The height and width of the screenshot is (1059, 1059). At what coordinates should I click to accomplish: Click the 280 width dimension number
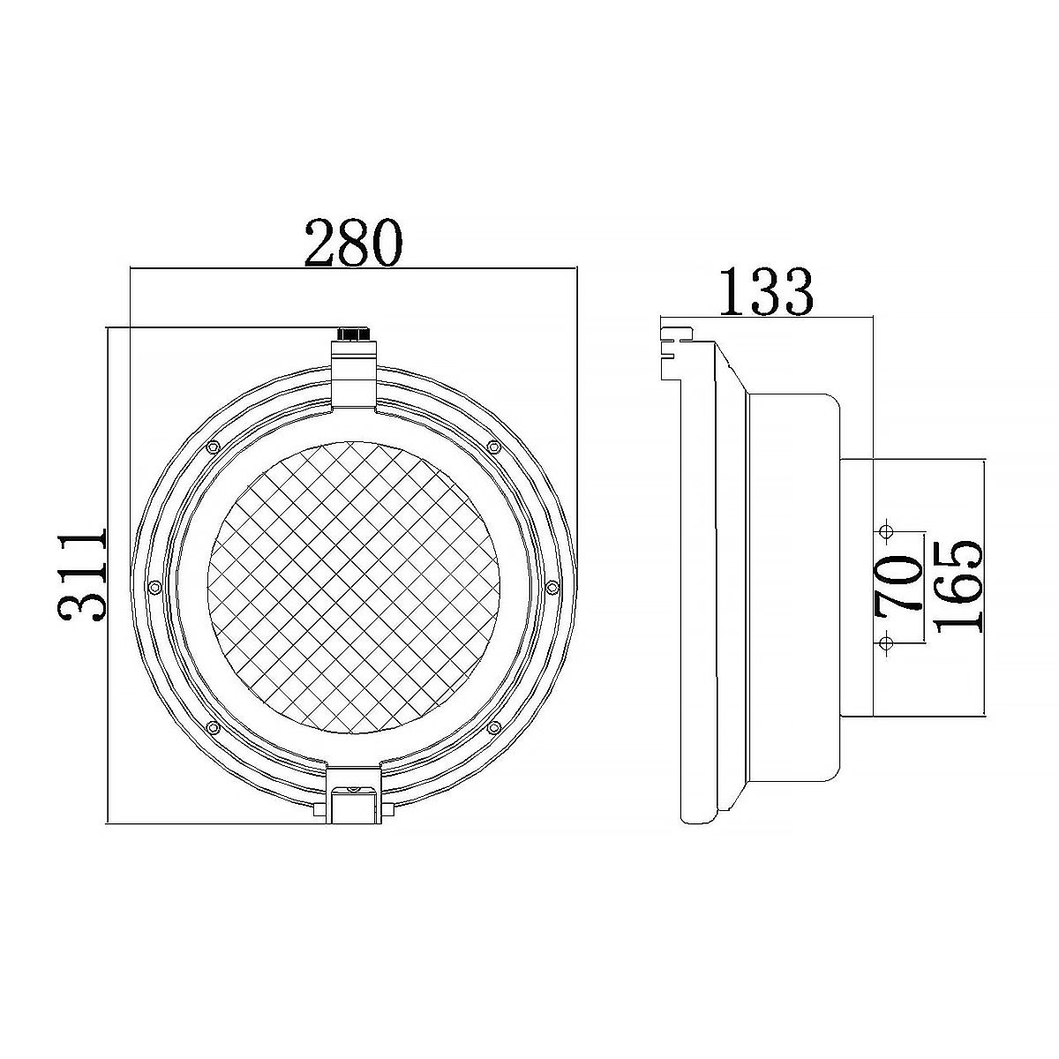pos(353,243)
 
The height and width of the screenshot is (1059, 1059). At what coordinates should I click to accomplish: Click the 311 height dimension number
pos(84,575)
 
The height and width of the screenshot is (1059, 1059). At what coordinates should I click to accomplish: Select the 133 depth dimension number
pos(765,292)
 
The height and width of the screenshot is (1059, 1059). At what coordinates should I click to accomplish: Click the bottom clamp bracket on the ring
pos(354,793)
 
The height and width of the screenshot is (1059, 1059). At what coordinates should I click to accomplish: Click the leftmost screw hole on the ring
pos(154,587)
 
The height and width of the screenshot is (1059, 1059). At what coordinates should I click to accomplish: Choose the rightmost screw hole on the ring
pos(552,587)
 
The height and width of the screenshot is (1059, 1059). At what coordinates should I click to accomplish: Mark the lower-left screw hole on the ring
pos(212,726)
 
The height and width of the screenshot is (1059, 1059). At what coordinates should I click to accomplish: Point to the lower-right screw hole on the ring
pos(494,726)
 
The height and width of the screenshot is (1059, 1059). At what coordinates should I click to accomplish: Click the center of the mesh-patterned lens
pos(354,587)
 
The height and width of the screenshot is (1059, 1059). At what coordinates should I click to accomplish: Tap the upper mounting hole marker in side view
pos(885,532)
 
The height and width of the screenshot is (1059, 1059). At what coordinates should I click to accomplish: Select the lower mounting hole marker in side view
pos(885,642)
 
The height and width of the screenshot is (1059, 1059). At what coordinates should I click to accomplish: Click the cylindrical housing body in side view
pos(790,587)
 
